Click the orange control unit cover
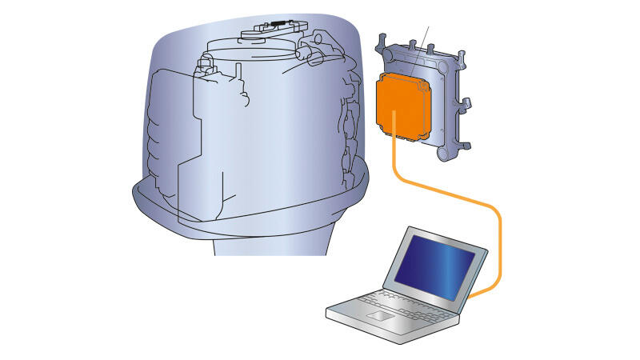[403, 104]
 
